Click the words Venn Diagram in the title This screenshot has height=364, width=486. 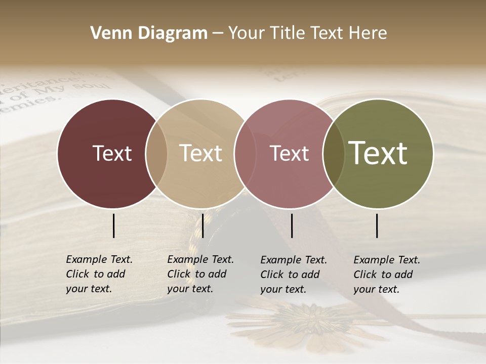click(149, 33)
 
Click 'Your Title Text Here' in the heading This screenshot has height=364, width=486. click(307, 33)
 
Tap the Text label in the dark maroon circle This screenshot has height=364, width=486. click(112, 153)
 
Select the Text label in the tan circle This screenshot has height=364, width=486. click(200, 153)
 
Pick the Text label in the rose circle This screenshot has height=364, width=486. click(289, 153)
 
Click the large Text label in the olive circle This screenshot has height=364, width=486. click(378, 153)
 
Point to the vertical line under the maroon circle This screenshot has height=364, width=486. click(113, 225)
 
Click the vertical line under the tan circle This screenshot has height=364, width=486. click(202, 225)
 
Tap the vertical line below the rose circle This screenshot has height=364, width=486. click(292, 225)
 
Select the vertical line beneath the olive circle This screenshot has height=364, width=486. click(377, 225)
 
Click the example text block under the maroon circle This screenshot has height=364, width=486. click(99, 274)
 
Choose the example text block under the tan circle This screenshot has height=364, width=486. click(200, 274)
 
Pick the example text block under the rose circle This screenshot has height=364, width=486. click(294, 275)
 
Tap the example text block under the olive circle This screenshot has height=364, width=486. click(387, 275)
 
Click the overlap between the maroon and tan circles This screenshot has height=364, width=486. click(156, 153)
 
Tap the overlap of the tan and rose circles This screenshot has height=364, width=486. click(244, 153)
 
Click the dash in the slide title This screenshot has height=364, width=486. click(218, 34)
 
